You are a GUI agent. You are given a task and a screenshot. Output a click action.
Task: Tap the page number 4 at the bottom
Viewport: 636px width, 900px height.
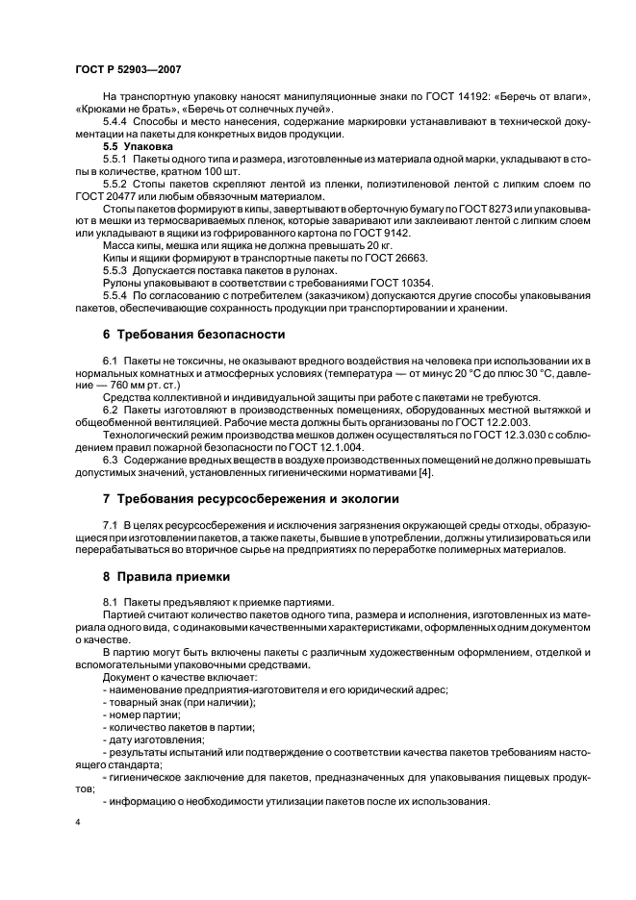click(77, 824)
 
